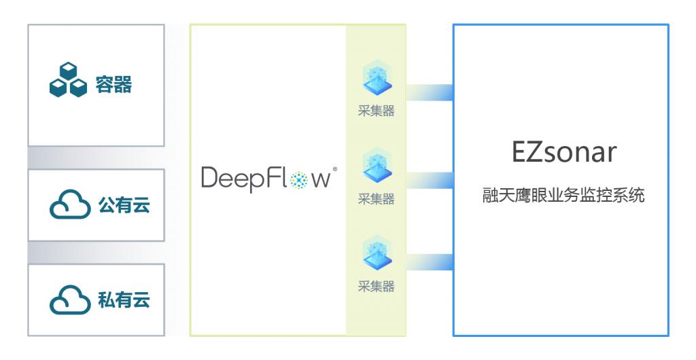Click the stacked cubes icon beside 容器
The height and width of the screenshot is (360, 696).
68,81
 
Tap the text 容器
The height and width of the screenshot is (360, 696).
114,84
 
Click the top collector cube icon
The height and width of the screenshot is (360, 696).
376,78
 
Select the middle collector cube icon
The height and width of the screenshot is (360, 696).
376,166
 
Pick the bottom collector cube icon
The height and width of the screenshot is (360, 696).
376,253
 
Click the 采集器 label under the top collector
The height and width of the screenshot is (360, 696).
376,111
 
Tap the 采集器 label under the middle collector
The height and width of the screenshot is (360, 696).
376,199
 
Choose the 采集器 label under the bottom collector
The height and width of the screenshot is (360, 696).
376,286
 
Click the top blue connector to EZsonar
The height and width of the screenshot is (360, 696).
430,92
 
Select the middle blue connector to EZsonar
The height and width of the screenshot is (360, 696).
430,179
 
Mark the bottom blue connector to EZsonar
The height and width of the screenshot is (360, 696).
430,262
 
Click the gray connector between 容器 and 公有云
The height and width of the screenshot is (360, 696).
96,157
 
